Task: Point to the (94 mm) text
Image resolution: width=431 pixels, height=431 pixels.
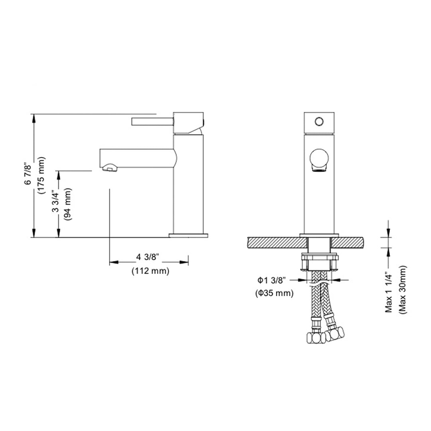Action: tap(68, 204)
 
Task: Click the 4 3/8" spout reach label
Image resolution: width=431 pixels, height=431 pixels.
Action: tap(148, 257)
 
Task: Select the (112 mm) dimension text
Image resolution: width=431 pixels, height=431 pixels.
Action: tap(150, 271)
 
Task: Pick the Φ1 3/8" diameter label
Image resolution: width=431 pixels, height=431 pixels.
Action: tap(271, 280)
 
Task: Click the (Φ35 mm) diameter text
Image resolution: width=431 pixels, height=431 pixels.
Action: tap(274, 293)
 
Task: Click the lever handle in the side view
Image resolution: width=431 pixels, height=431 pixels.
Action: tap(152, 121)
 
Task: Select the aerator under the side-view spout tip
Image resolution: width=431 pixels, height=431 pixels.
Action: tap(108, 169)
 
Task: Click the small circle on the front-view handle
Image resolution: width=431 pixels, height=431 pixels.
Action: tap(319, 121)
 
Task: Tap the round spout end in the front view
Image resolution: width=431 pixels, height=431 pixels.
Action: tap(319, 158)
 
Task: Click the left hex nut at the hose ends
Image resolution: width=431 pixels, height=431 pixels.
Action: tap(314, 339)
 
